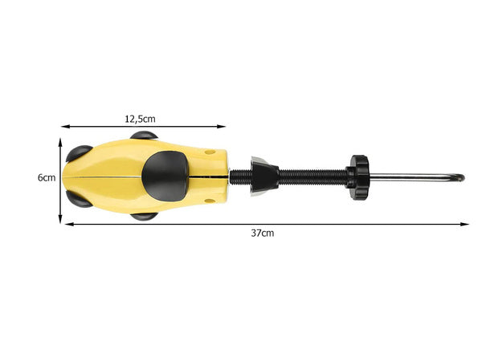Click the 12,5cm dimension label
pyautogui.click(x=140, y=118)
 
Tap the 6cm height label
pyautogui.click(x=46, y=178)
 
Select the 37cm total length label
pyautogui.click(x=262, y=233)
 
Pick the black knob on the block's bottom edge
pyautogui.click(x=145, y=215)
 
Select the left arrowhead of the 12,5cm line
pyautogui.click(x=65, y=126)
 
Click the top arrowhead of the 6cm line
pyautogui.click(x=61, y=140)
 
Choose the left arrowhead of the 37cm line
pyautogui.click(x=67, y=224)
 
